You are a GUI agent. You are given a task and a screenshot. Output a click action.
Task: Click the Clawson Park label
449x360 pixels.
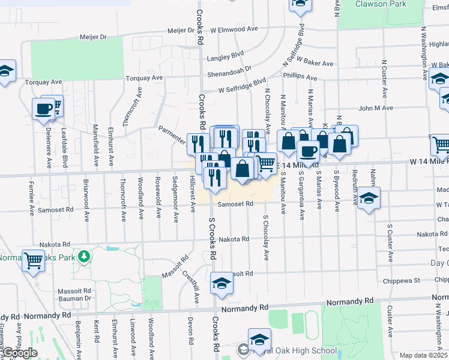click(x=381, y=4)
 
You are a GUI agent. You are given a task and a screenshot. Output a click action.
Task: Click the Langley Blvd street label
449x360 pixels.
click(x=226, y=58)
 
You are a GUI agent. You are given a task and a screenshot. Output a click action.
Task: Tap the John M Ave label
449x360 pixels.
click(x=376, y=108)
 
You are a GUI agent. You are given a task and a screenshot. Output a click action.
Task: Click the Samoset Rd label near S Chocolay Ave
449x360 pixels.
click(x=233, y=205)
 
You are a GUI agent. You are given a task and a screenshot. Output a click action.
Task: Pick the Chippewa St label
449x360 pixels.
click(x=403, y=280)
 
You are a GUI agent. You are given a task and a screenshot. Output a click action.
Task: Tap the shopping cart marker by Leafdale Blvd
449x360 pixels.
click(x=55, y=106)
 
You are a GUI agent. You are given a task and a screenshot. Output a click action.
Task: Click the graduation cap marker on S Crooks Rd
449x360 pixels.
click(x=221, y=283)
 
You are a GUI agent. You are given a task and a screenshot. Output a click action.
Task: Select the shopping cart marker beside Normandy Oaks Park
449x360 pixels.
click(x=33, y=260)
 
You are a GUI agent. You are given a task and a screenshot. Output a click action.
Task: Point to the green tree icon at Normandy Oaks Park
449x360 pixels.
click(x=85, y=256)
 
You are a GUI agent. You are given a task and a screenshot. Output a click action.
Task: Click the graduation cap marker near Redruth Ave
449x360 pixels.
click(x=369, y=199)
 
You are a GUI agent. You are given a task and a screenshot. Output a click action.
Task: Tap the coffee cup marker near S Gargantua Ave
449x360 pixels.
click(x=309, y=152)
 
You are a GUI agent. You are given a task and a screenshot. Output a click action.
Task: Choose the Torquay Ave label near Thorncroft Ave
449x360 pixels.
click(x=145, y=78)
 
